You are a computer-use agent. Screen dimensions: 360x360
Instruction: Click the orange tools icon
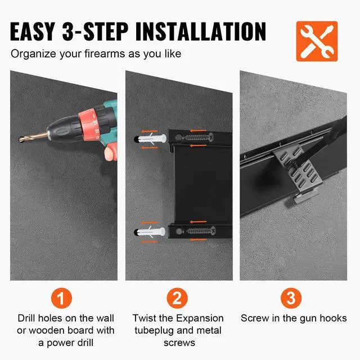click(317, 41)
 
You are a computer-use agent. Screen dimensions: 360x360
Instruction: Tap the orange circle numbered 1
click(61, 298)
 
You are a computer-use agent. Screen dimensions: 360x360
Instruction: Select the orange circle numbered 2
click(177, 298)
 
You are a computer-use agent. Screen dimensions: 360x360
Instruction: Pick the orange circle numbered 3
click(291, 298)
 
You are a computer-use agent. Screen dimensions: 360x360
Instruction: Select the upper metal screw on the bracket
click(198, 138)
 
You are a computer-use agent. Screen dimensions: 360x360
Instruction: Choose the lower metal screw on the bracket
click(200, 231)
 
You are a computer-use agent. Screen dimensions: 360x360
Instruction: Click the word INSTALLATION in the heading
click(200, 31)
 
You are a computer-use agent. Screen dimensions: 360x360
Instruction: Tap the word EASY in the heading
click(33, 31)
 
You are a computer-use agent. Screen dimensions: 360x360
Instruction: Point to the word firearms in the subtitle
click(105, 54)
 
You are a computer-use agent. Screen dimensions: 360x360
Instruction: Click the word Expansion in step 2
click(200, 319)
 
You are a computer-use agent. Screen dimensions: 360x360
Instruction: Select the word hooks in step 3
click(333, 318)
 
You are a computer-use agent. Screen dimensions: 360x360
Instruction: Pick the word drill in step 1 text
click(85, 343)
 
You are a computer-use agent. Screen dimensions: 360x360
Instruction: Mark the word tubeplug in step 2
click(154, 331)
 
